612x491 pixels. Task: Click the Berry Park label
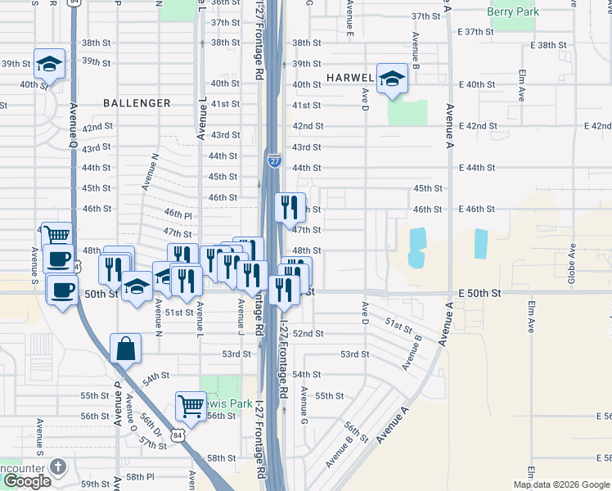535,11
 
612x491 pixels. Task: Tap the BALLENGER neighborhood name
137,103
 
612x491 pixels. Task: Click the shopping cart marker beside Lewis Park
191,405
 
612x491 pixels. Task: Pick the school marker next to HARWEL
392,79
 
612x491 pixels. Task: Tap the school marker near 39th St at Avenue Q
50,63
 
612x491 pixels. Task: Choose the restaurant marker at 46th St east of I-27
289,207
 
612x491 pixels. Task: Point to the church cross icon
56,466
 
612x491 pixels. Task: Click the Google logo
26,481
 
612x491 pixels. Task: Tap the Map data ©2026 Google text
560,484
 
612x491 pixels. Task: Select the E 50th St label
478,293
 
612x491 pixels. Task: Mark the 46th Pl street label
177,213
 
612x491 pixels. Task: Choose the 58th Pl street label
140,476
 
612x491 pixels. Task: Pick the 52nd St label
308,334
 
